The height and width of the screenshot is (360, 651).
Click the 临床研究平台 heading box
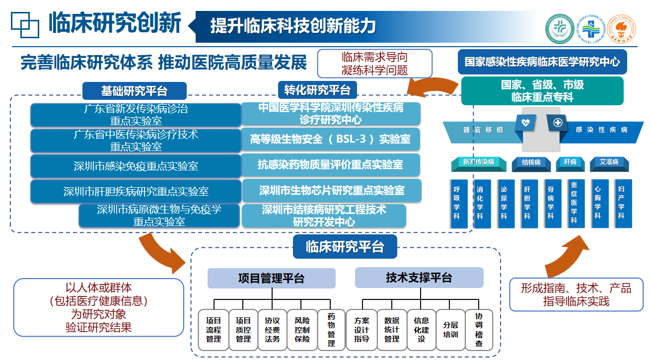click(345, 247)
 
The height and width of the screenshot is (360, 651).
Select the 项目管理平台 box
click(271, 278)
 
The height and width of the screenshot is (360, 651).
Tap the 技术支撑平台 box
click(419, 278)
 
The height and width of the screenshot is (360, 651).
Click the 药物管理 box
click(331, 330)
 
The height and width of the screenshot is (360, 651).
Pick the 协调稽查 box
click(479, 330)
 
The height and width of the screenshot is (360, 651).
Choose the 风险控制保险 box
click(302, 330)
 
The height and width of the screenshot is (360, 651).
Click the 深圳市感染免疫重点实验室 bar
click(136, 166)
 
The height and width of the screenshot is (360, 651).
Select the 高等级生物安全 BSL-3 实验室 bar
click(330, 140)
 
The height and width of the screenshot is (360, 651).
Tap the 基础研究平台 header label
click(134, 91)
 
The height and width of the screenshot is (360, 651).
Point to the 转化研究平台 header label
click(317, 90)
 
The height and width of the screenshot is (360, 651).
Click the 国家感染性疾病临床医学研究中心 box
click(542, 62)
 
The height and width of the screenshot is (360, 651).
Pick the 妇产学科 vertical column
click(621, 203)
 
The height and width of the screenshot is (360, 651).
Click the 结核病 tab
click(534, 162)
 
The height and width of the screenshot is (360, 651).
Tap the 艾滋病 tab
click(609, 162)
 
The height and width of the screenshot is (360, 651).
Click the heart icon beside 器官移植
click(525, 122)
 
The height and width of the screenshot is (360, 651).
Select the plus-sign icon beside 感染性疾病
click(558, 122)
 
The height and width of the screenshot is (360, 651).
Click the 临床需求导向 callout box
click(374, 64)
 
